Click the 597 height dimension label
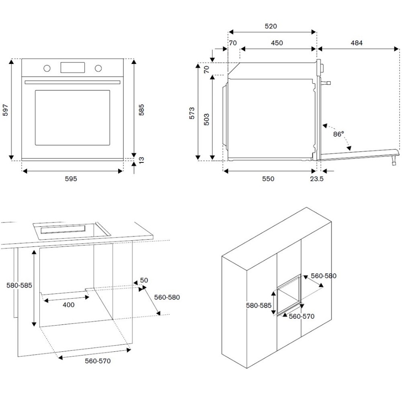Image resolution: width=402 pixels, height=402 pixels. tap(5, 109)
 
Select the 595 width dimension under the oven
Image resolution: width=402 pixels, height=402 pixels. tap(71, 179)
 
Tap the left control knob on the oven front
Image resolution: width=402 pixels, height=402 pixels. tap(47, 68)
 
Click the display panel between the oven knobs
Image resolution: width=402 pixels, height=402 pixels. tap(73, 68)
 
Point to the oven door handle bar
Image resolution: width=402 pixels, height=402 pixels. tap(72, 82)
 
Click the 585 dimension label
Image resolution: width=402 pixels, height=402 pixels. tap(141, 109)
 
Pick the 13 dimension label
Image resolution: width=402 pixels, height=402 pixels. tap(141, 160)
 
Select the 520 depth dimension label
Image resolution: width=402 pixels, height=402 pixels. tap(271, 27)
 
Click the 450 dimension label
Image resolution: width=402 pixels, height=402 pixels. tap(277, 43)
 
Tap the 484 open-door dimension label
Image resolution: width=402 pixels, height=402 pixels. tap(356, 43)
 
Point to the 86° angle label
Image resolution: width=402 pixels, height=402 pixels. tap(338, 134)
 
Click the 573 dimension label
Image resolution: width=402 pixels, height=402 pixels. tap(192, 113)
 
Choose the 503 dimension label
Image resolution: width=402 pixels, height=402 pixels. tap(206, 120)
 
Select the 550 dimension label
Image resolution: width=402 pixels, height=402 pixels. tap(268, 179)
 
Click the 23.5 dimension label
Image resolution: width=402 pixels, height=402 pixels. tap(317, 179)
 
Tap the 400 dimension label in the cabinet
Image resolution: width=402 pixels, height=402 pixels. tap(68, 305)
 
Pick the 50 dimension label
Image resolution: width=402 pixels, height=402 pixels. tap(144, 280)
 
